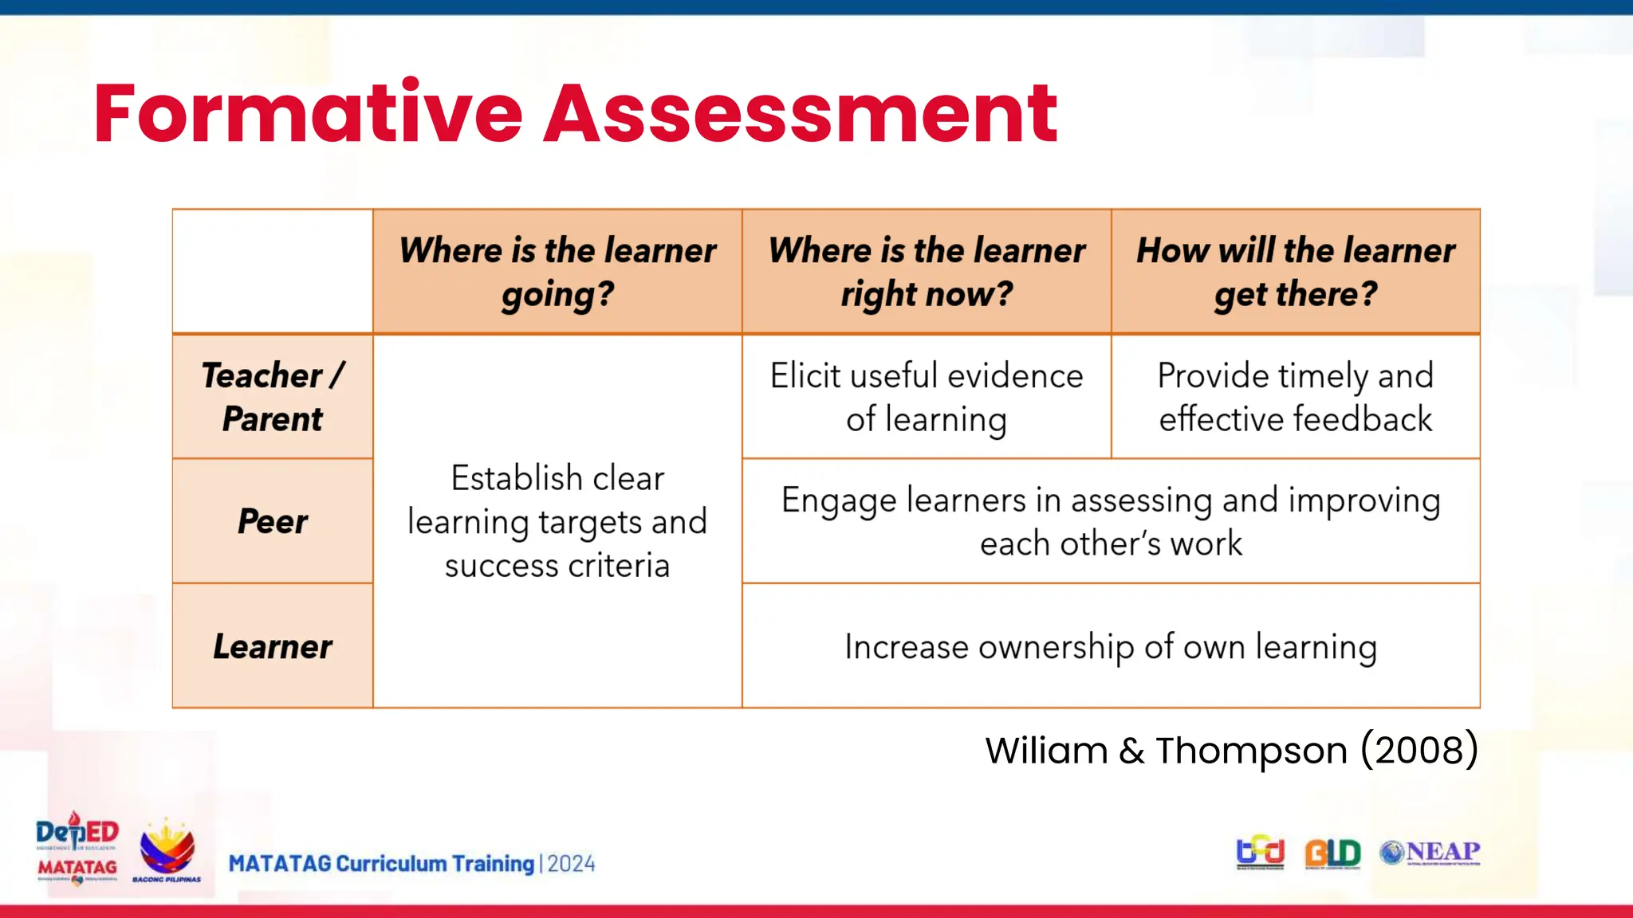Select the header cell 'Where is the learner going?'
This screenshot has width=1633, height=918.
[x=557, y=272]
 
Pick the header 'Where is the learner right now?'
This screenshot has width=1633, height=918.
[x=927, y=272]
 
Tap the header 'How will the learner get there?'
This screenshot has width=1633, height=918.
[x=1296, y=272]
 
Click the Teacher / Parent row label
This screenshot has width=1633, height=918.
[x=273, y=397]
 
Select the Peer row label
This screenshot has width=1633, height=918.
[x=273, y=521]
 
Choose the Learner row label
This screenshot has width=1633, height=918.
[x=273, y=646]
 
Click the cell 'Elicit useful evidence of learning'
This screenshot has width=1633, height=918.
[x=927, y=397]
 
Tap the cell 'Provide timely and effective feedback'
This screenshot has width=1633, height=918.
[x=1296, y=397]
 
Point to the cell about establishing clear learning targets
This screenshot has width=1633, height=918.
[x=557, y=521]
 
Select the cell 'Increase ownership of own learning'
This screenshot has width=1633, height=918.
[x=1111, y=646]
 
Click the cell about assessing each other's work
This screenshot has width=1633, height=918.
[x=1111, y=521]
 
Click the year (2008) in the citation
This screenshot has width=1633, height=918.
[x=1419, y=750]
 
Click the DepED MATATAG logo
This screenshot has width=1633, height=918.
[x=77, y=849]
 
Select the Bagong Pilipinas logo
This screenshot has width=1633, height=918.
[x=167, y=851]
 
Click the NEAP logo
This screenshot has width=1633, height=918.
[x=1430, y=853]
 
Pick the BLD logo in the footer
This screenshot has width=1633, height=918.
[x=1332, y=853]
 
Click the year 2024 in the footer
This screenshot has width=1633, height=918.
[x=571, y=864]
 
